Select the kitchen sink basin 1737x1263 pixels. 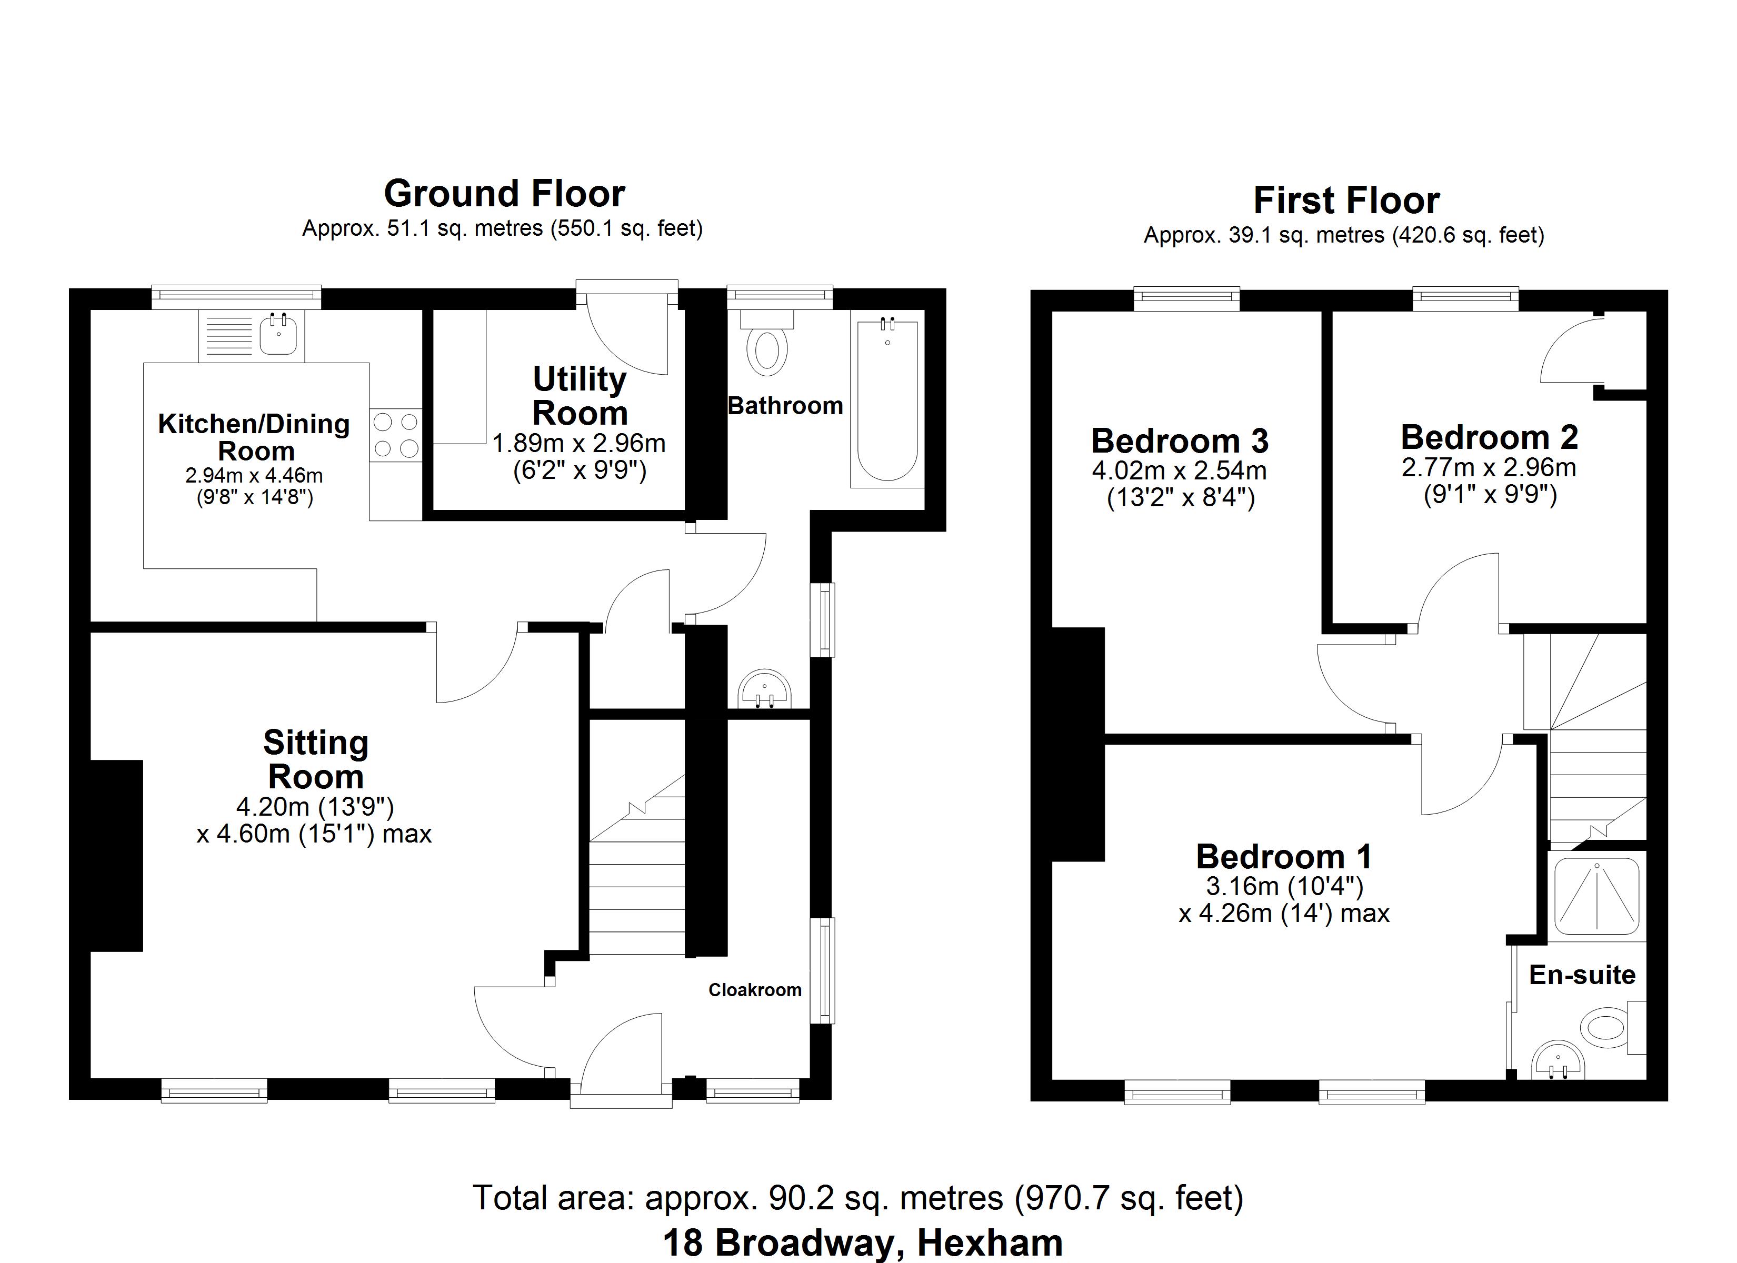(277, 335)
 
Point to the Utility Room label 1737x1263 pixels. (580, 396)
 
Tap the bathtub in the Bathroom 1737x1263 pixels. (887, 402)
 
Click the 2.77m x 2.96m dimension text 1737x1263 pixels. (1488, 467)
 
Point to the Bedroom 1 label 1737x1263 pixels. (1284, 856)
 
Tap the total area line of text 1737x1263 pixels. (858, 1198)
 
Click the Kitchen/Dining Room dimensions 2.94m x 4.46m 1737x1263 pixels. (254, 476)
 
